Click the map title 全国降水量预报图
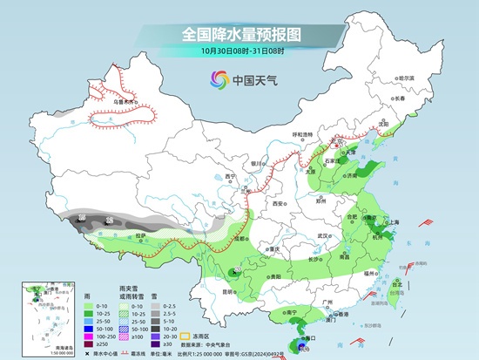point(239,34)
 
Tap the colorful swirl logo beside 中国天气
point(216,80)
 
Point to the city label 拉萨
point(141,234)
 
